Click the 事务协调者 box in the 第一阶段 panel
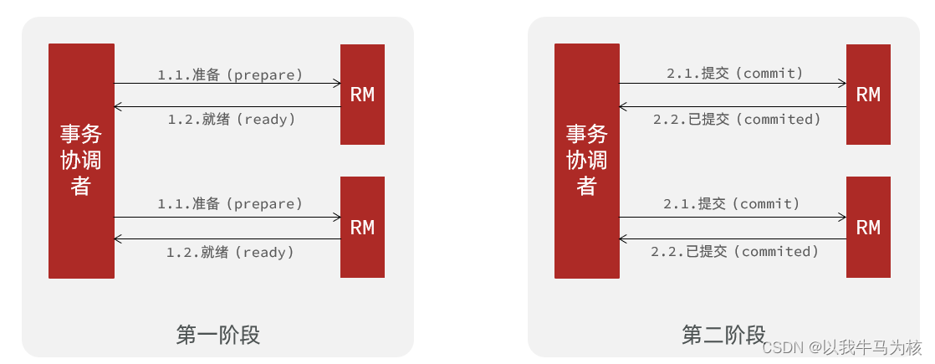point(81,161)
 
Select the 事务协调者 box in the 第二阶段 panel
point(587,161)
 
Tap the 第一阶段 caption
point(218,336)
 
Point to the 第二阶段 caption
point(723,336)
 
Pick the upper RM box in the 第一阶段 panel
point(362,95)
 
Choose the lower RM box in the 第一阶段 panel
point(362,227)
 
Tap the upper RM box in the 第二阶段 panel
point(868,95)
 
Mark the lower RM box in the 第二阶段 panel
point(868,227)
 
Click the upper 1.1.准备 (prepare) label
point(230,74)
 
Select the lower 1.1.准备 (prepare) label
point(230,203)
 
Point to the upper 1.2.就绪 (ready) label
point(232,120)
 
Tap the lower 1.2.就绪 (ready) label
point(230,252)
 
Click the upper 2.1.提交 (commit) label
point(735,74)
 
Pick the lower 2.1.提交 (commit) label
point(732,203)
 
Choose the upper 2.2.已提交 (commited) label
point(737,120)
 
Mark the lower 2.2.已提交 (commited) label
point(735,251)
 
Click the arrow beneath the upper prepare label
point(227,83)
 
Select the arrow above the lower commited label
point(733,239)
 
